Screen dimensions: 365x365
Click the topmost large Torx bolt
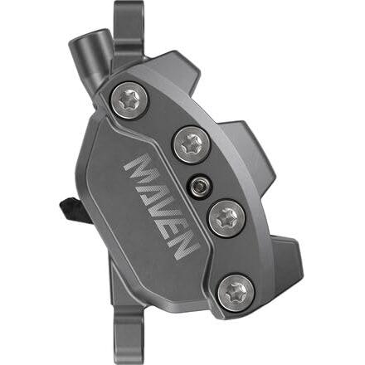(129, 101)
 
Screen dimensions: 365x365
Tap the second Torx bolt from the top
(192, 145)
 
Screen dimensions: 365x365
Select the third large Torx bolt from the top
(227, 219)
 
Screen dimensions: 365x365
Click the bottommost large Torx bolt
(236, 293)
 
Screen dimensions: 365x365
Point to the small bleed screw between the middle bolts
(199, 187)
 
